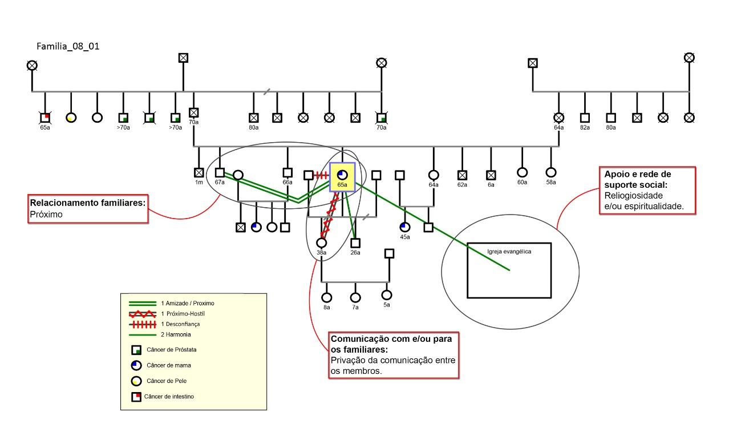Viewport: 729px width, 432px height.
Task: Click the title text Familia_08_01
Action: tap(68, 46)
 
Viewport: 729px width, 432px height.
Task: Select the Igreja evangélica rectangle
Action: tap(509, 270)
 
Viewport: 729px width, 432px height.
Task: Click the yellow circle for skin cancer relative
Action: tap(71, 118)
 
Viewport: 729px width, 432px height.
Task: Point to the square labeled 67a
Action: tap(220, 172)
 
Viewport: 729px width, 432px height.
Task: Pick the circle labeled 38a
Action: tap(322, 243)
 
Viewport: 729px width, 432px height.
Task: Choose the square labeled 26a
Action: tap(355, 243)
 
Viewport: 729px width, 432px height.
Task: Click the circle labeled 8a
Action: tap(327, 297)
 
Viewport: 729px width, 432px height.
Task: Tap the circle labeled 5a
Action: tap(387, 295)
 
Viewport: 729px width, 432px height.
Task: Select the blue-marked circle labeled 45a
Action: tap(405, 227)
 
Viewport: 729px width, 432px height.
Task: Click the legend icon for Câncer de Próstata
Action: tap(136, 350)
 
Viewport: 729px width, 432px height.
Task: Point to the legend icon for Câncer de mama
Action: tap(136, 365)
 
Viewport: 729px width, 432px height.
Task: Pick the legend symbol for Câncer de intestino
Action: tap(136, 397)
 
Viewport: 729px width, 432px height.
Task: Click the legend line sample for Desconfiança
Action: tap(142, 324)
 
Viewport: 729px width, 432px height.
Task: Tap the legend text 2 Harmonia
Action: tap(176, 334)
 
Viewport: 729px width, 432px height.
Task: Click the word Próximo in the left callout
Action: tap(46, 215)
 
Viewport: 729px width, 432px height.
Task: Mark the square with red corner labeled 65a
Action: tap(45, 118)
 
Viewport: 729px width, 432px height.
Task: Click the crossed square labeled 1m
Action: tap(199, 172)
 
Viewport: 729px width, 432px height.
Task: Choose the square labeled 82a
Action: tap(585, 118)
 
